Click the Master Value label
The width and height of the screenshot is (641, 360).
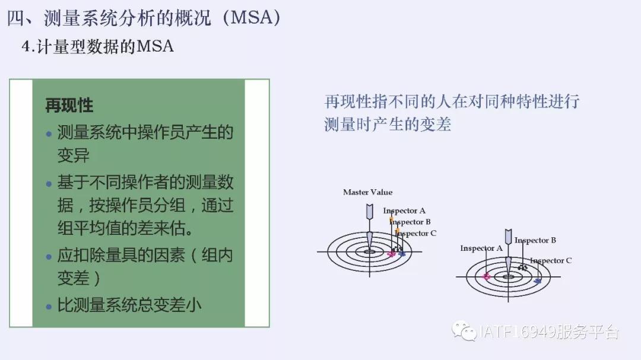(367, 192)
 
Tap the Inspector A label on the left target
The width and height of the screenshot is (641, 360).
(404, 211)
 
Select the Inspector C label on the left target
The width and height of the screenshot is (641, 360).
(415, 233)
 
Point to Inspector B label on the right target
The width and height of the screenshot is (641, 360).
(535, 240)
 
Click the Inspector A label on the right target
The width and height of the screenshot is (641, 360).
(481, 249)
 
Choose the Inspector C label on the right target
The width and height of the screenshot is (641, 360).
(551, 261)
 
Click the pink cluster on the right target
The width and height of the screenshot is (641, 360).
(486, 276)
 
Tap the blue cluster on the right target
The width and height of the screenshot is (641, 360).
(538, 281)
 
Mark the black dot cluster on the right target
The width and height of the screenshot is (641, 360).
(522, 267)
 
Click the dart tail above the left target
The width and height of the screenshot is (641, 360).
(370, 211)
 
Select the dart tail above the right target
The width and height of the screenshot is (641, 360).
(508, 237)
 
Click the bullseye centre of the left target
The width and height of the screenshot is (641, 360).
(370, 251)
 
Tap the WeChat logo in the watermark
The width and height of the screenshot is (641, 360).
(464, 331)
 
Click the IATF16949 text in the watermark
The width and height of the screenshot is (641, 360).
(516, 332)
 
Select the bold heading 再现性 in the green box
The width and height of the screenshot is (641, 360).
(69, 106)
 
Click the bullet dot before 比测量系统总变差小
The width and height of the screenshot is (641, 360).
(49, 307)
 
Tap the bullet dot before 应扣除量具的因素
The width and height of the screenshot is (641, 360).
(49, 257)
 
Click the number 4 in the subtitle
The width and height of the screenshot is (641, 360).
(26, 47)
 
